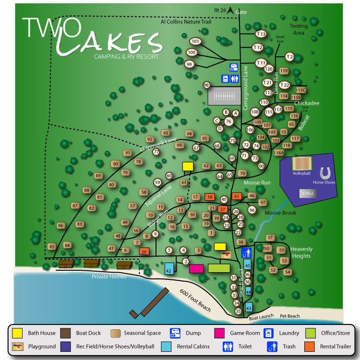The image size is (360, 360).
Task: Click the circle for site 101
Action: (195, 41)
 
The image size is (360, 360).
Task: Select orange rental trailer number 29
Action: (144, 251)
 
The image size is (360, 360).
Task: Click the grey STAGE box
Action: (308, 193)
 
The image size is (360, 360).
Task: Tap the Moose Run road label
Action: (258, 183)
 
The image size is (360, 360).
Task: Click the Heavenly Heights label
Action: (301, 252)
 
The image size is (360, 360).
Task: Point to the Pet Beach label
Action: (290, 316)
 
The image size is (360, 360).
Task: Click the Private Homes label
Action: (109, 277)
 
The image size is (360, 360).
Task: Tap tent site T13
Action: (261, 34)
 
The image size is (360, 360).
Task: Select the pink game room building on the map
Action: (196, 268)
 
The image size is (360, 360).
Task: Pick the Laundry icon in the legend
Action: (269, 333)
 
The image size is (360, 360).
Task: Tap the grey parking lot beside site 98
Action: (224, 96)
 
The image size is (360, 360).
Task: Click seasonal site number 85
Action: (52, 247)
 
